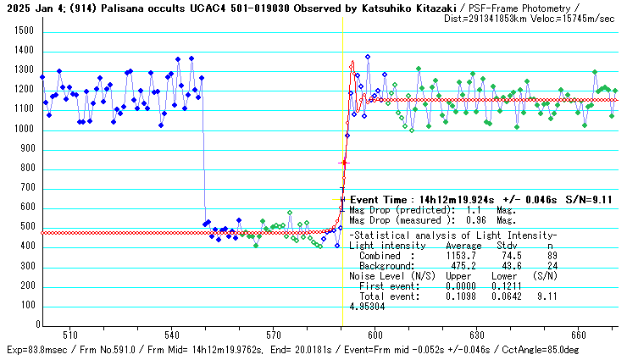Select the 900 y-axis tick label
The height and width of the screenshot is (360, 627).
coord(25,149)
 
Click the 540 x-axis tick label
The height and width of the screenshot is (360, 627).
coord(172,335)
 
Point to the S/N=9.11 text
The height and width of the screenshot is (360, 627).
coord(585,200)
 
